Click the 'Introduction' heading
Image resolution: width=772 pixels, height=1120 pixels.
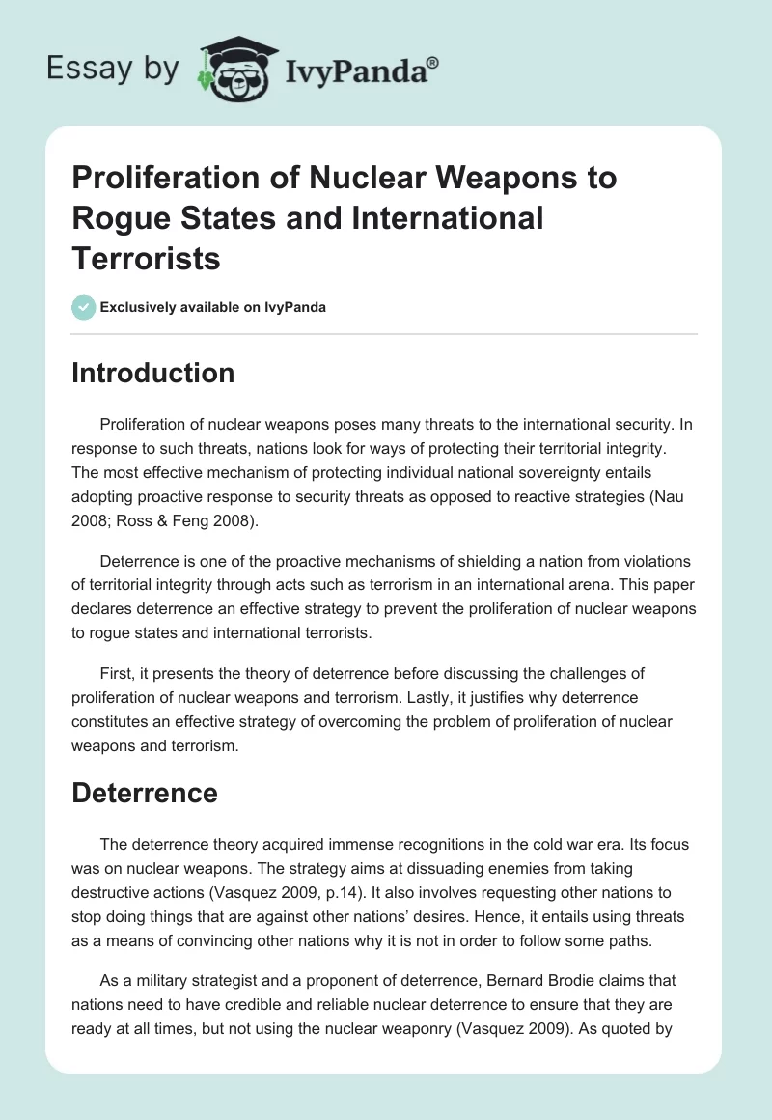pyautogui.click(x=152, y=374)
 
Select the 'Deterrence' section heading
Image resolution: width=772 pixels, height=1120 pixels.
pyautogui.click(x=145, y=793)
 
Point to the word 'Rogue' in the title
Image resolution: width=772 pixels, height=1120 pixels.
pyautogui.click(x=116, y=218)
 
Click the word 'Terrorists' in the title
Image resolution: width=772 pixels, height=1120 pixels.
pyautogui.click(x=146, y=258)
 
